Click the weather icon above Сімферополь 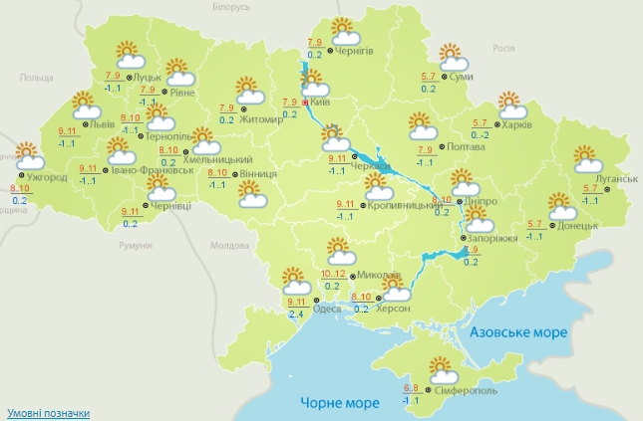[x=442, y=370]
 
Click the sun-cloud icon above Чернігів [x=342, y=32]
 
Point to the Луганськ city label [x=616, y=178]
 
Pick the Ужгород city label [x=47, y=178]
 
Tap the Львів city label [x=102, y=125]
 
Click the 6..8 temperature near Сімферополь [x=411, y=388]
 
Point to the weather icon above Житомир [x=250, y=91]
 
